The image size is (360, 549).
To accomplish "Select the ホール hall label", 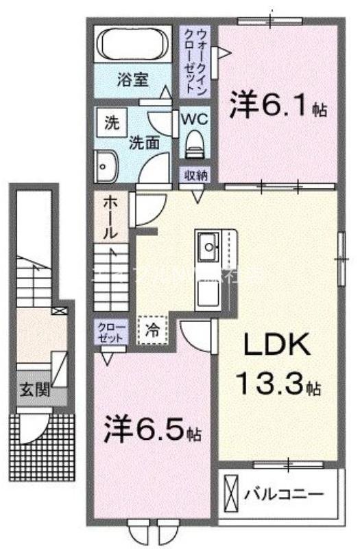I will point(109,217).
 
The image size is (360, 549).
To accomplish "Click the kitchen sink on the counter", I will point(207,244).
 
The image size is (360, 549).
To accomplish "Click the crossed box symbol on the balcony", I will point(232,493).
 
